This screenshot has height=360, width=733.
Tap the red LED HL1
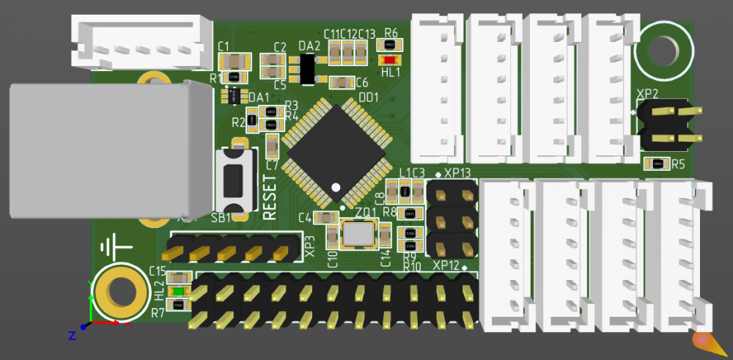tap(388, 59)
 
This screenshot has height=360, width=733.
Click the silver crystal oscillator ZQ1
tap(359, 233)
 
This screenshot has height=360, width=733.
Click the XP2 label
tap(647, 94)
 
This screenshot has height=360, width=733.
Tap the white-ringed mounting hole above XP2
tap(663, 50)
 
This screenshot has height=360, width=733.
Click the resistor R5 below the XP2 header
tap(658, 164)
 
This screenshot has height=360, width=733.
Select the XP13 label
tap(457, 172)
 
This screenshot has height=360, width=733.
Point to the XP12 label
tap(446, 265)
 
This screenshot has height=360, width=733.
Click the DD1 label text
tap(368, 96)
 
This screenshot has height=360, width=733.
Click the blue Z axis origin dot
tap(84, 327)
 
